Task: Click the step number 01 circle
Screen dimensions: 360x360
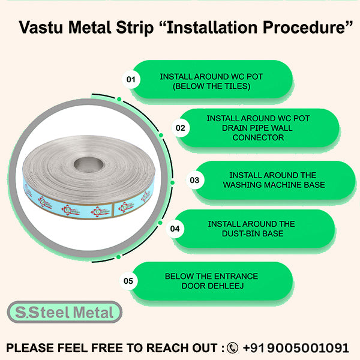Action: click(x=130, y=79)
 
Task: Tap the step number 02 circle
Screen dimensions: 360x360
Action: click(x=180, y=128)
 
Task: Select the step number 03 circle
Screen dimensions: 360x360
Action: click(x=194, y=179)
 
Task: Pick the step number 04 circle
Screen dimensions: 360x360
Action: click(x=175, y=229)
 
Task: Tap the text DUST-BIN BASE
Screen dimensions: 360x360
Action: click(x=251, y=233)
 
